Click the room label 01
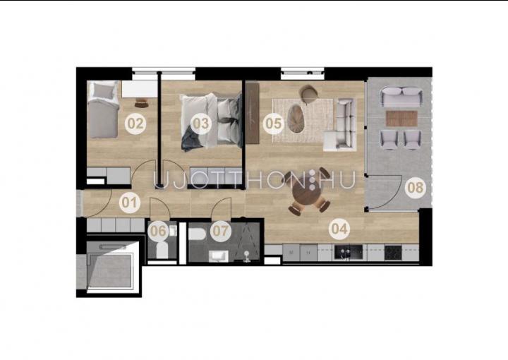coord(130,203)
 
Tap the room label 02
coord(135,124)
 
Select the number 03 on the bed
coord(201,124)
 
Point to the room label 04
coord(339,229)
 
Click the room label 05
coord(273,124)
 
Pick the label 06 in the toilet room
coord(159,231)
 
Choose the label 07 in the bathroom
coord(221,231)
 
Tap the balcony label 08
coord(415,188)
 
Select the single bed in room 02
coord(103,109)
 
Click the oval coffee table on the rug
coord(296,118)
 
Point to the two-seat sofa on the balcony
coord(401,97)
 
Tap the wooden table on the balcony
coord(401,119)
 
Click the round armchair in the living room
coord(308,93)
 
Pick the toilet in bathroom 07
coord(197,234)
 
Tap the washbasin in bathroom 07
coord(219,256)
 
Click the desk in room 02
coord(140,89)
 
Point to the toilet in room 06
coord(162,250)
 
